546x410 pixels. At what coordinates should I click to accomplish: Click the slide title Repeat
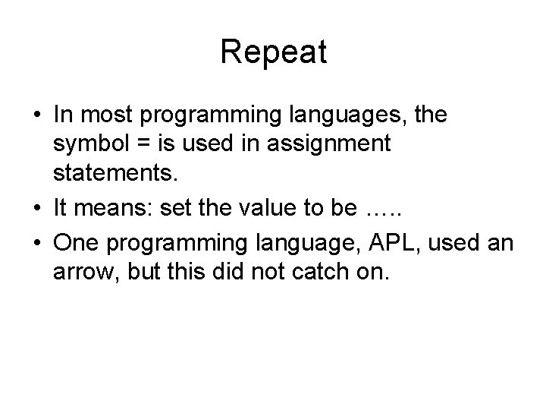point(273,52)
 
